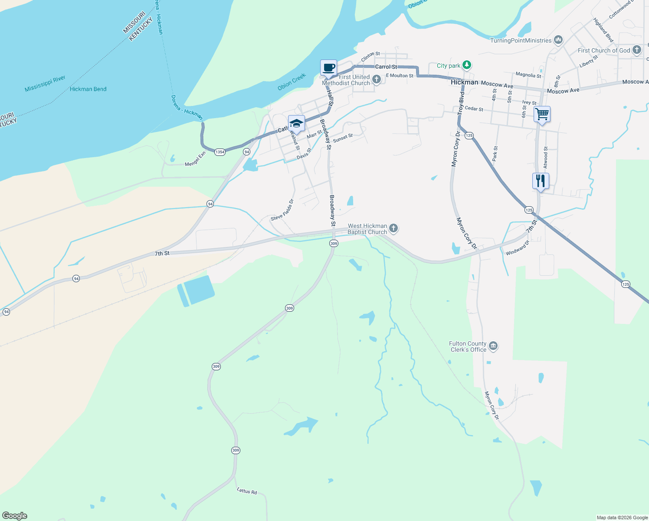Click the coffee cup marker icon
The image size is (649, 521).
[328, 68]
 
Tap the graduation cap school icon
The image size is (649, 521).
[296, 123]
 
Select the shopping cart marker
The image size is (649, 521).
[542, 115]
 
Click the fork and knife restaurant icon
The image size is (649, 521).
[541, 181]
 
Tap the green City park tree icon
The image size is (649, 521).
[466, 66]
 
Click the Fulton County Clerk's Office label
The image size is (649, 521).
[468, 346]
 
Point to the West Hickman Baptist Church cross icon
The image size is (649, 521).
[393, 228]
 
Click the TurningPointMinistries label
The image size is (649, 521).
[521, 40]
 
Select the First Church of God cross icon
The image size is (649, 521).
[637, 50]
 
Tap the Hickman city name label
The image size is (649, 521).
[464, 82]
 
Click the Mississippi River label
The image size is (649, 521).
[45, 83]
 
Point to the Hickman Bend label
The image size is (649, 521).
[88, 89]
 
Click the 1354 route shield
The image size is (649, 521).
[220, 152]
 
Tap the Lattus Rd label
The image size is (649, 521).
[247, 491]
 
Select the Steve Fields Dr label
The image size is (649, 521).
[282, 210]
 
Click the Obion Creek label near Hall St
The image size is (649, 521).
[292, 82]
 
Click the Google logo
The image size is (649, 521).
[15, 516]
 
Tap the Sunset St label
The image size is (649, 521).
[343, 138]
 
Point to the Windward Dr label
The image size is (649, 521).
[518, 247]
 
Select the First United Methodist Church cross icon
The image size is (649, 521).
[377, 79]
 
